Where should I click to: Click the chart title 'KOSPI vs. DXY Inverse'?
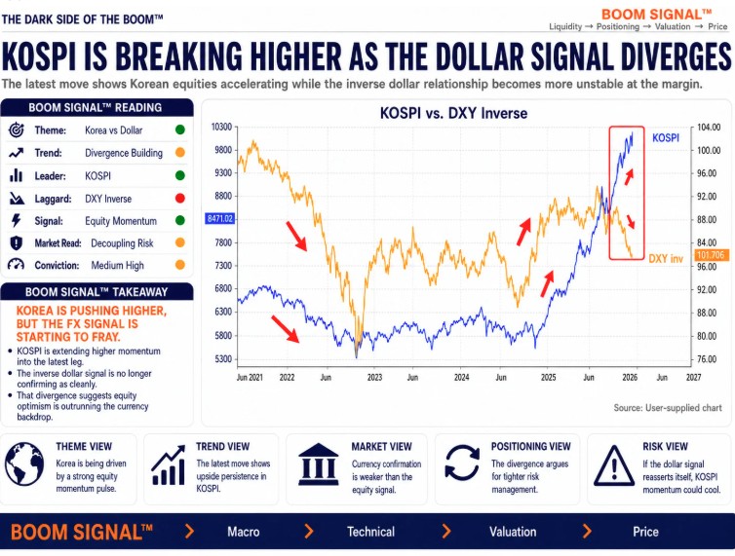click(453, 113)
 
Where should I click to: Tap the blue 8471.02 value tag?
click(220, 219)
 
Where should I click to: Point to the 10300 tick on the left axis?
click(221, 127)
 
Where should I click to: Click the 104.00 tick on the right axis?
click(709, 128)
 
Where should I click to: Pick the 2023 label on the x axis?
click(374, 378)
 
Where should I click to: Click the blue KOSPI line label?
click(666, 137)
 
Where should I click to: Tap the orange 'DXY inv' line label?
click(666, 259)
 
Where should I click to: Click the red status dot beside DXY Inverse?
click(180, 198)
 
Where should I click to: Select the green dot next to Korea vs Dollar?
click(180, 130)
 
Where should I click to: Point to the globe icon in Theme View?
click(24, 464)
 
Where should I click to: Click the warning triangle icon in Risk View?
click(614, 466)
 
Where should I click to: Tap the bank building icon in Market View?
click(319, 464)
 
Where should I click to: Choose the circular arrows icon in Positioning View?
click(462, 463)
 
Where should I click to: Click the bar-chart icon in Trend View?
click(169, 465)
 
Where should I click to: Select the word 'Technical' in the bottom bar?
click(370, 532)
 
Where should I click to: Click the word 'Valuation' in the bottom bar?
click(513, 532)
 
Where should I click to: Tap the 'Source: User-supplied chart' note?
click(668, 408)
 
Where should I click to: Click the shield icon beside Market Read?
click(17, 243)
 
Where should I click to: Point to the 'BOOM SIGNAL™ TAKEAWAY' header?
click(97, 292)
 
